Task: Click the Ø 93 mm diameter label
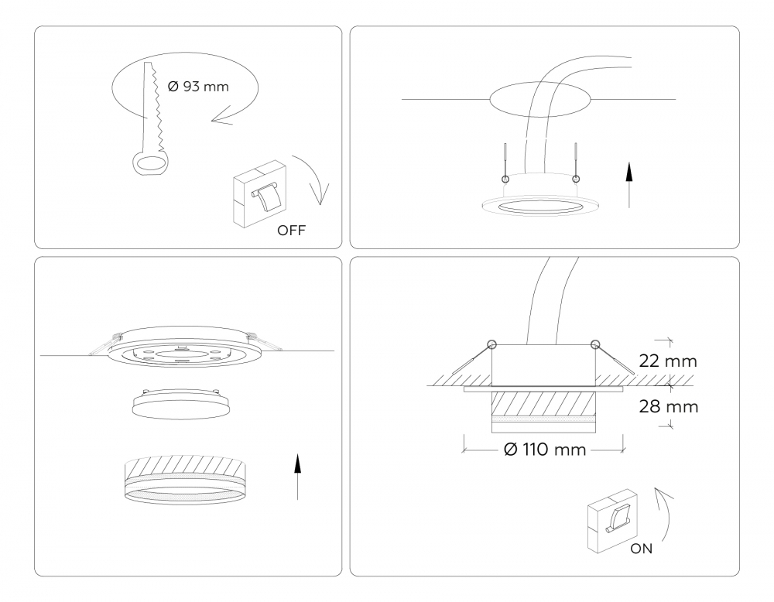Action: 198,87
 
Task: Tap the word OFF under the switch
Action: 291,231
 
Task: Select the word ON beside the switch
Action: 641,549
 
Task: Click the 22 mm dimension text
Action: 668,361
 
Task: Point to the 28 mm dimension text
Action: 669,406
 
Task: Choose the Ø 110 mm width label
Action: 545,450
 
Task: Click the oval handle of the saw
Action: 150,162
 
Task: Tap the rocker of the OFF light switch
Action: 266,198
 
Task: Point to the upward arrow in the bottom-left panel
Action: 297,477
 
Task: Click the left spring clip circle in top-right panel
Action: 504,179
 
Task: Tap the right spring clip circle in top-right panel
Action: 576,179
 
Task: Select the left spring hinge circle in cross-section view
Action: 491,344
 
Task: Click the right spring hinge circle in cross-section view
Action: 595,344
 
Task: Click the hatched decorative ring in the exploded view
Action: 185,479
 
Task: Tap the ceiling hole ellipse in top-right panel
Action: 540,99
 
